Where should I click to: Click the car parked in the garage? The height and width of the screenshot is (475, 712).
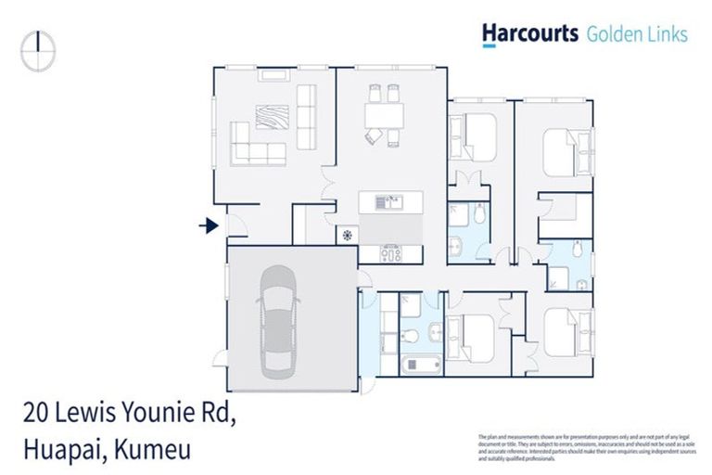point(279,321)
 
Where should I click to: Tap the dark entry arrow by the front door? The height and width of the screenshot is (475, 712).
point(210,225)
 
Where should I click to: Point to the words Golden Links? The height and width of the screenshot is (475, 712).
point(637,34)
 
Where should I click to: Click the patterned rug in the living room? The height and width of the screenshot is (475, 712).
point(272,117)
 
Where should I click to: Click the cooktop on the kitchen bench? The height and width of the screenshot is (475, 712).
point(390,252)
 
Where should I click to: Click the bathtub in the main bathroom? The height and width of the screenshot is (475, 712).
point(422,363)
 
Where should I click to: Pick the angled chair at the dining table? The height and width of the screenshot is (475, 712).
point(372,137)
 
